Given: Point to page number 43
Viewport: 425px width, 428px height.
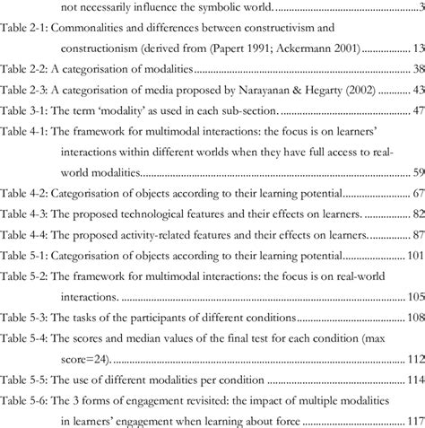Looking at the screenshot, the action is pyautogui.click(x=414, y=92).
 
